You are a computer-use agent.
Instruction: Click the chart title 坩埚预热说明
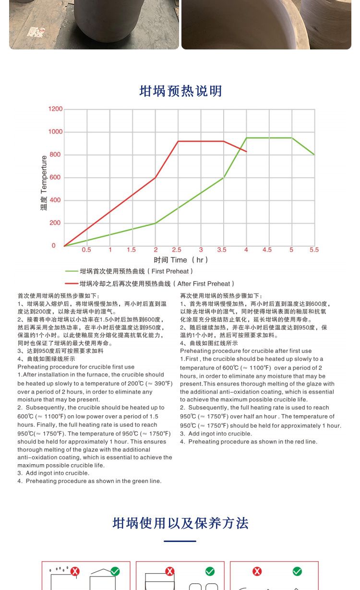[180, 91]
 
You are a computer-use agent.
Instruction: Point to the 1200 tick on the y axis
[56, 109]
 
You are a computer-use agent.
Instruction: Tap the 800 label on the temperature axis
[56, 155]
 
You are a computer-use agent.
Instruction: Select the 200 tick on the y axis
[56, 223]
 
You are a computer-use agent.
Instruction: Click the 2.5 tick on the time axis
[177, 250]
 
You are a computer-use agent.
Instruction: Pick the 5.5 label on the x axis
[314, 250]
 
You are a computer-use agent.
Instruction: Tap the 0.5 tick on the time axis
[86, 250]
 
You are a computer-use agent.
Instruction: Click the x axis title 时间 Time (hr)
[181, 260]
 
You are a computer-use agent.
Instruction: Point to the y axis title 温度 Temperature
[44, 183]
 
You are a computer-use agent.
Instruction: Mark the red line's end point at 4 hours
[246, 152]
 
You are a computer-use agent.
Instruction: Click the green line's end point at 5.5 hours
[314, 155]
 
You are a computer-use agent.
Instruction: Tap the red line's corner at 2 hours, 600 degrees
[156, 178]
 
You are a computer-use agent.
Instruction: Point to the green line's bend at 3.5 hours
[224, 178]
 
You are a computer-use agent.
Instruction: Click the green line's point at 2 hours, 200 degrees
[156, 223]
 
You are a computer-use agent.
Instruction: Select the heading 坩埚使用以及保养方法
[180, 523]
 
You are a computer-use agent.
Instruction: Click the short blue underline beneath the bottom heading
[180, 541]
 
